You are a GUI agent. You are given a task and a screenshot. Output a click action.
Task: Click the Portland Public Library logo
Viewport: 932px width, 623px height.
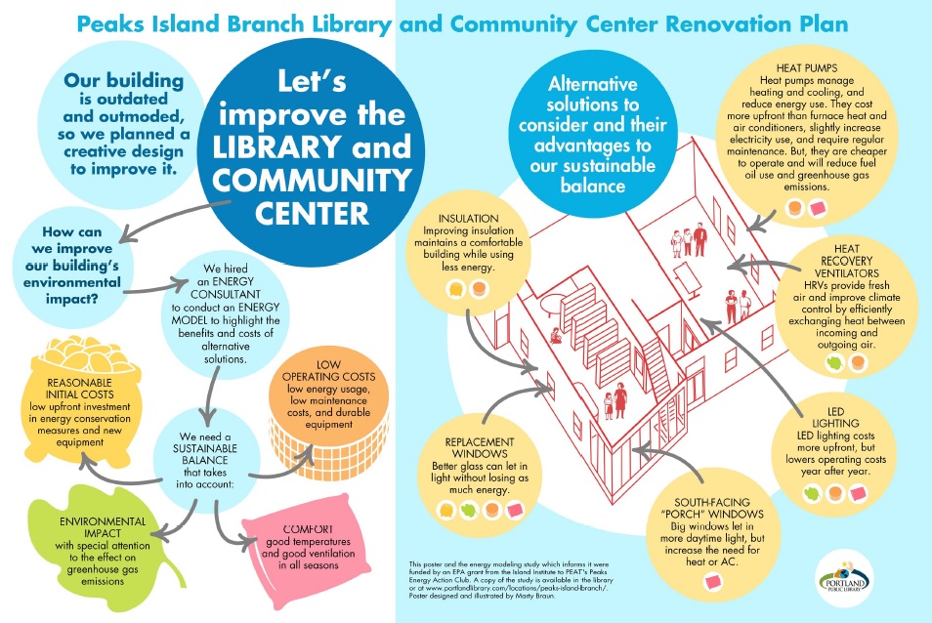tap(844, 579)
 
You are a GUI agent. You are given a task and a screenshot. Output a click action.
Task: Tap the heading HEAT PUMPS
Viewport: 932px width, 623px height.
tap(807, 68)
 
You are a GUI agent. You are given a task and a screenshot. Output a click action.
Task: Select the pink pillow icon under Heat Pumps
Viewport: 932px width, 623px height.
tap(818, 208)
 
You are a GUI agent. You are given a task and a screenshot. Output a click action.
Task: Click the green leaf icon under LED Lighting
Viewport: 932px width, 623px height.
tap(812, 493)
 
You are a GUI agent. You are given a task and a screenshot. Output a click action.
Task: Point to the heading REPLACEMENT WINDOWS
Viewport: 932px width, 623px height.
tap(479, 448)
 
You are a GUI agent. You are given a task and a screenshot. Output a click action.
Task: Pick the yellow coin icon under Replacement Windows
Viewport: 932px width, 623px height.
tap(446, 510)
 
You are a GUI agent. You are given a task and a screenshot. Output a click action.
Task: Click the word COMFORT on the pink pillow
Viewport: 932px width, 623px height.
tap(308, 529)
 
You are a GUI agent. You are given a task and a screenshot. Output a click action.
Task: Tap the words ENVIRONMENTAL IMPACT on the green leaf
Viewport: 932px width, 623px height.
tap(103, 527)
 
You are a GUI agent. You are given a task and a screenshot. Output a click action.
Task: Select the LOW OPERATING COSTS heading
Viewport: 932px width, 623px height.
tap(328, 371)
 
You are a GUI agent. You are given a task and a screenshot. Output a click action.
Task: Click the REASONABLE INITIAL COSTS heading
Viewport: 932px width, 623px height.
tap(80, 389)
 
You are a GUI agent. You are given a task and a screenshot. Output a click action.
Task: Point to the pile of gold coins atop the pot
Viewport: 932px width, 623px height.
tap(87, 353)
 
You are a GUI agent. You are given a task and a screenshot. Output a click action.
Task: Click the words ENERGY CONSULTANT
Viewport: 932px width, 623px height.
tap(226, 288)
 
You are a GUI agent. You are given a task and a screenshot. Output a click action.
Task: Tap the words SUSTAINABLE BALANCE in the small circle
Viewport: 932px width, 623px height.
tap(204, 454)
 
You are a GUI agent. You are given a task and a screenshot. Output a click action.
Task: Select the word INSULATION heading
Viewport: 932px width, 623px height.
tap(468, 219)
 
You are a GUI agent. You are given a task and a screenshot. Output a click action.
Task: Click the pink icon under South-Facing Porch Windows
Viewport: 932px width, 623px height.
tap(712, 581)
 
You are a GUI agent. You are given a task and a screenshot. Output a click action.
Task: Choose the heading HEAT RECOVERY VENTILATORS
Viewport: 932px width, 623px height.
tap(846, 261)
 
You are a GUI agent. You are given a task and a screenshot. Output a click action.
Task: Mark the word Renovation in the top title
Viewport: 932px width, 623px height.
tap(725, 24)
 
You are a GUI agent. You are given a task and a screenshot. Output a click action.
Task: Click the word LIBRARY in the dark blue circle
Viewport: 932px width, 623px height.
tap(277, 147)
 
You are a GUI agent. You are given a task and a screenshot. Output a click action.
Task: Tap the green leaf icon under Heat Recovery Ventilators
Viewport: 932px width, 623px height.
tap(834, 362)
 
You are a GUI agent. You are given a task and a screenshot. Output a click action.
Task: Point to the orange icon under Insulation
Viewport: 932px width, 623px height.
tap(479, 289)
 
